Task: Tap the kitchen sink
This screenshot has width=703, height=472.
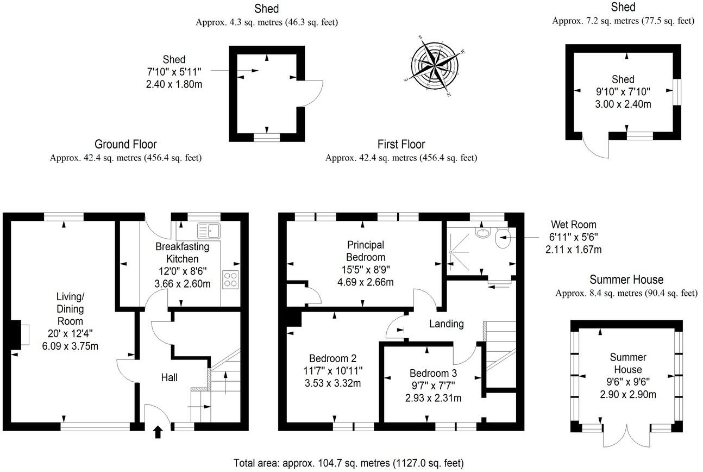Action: tap(209, 231)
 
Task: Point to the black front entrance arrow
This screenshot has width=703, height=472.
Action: tap(158, 432)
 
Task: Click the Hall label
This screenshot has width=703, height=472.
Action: tap(169, 377)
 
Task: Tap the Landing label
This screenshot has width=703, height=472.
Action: tap(447, 324)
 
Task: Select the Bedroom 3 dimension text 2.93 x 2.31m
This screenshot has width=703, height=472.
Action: tap(433, 398)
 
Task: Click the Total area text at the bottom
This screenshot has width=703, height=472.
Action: tap(348, 463)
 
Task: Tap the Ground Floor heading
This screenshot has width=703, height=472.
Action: tap(125, 144)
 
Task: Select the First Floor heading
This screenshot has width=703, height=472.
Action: tap(401, 144)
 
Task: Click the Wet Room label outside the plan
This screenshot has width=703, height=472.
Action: tap(573, 225)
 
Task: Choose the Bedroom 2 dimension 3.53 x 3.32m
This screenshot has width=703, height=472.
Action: tap(332, 383)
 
